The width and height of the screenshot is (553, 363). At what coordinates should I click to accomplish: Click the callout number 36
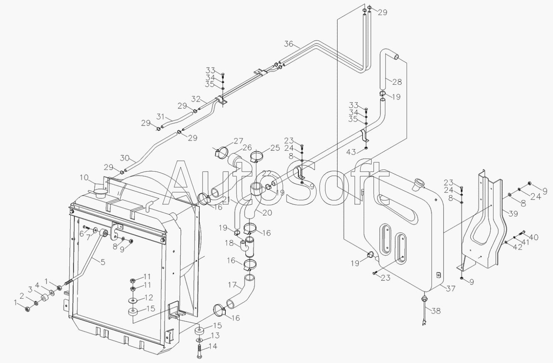click(289, 44)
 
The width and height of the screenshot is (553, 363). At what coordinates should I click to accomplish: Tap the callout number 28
click(397, 82)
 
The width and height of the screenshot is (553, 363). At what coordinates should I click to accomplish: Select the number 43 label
click(351, 152)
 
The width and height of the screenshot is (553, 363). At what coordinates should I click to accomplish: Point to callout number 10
click(84, 178)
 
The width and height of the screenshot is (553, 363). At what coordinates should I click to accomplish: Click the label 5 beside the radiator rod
click(103, 262)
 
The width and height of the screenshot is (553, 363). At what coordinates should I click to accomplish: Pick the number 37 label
click(451, 288)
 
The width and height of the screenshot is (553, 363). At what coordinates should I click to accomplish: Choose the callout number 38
click(436, 311)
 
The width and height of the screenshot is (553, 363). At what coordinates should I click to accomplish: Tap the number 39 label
click(513, 213)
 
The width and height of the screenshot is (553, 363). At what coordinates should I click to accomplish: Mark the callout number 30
click(125, 158)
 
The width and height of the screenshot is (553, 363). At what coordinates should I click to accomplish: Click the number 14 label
click(212, 346)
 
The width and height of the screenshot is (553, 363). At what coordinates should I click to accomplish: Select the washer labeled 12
click(133, 301)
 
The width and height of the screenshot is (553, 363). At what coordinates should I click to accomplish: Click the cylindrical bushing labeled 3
click(44, 298)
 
